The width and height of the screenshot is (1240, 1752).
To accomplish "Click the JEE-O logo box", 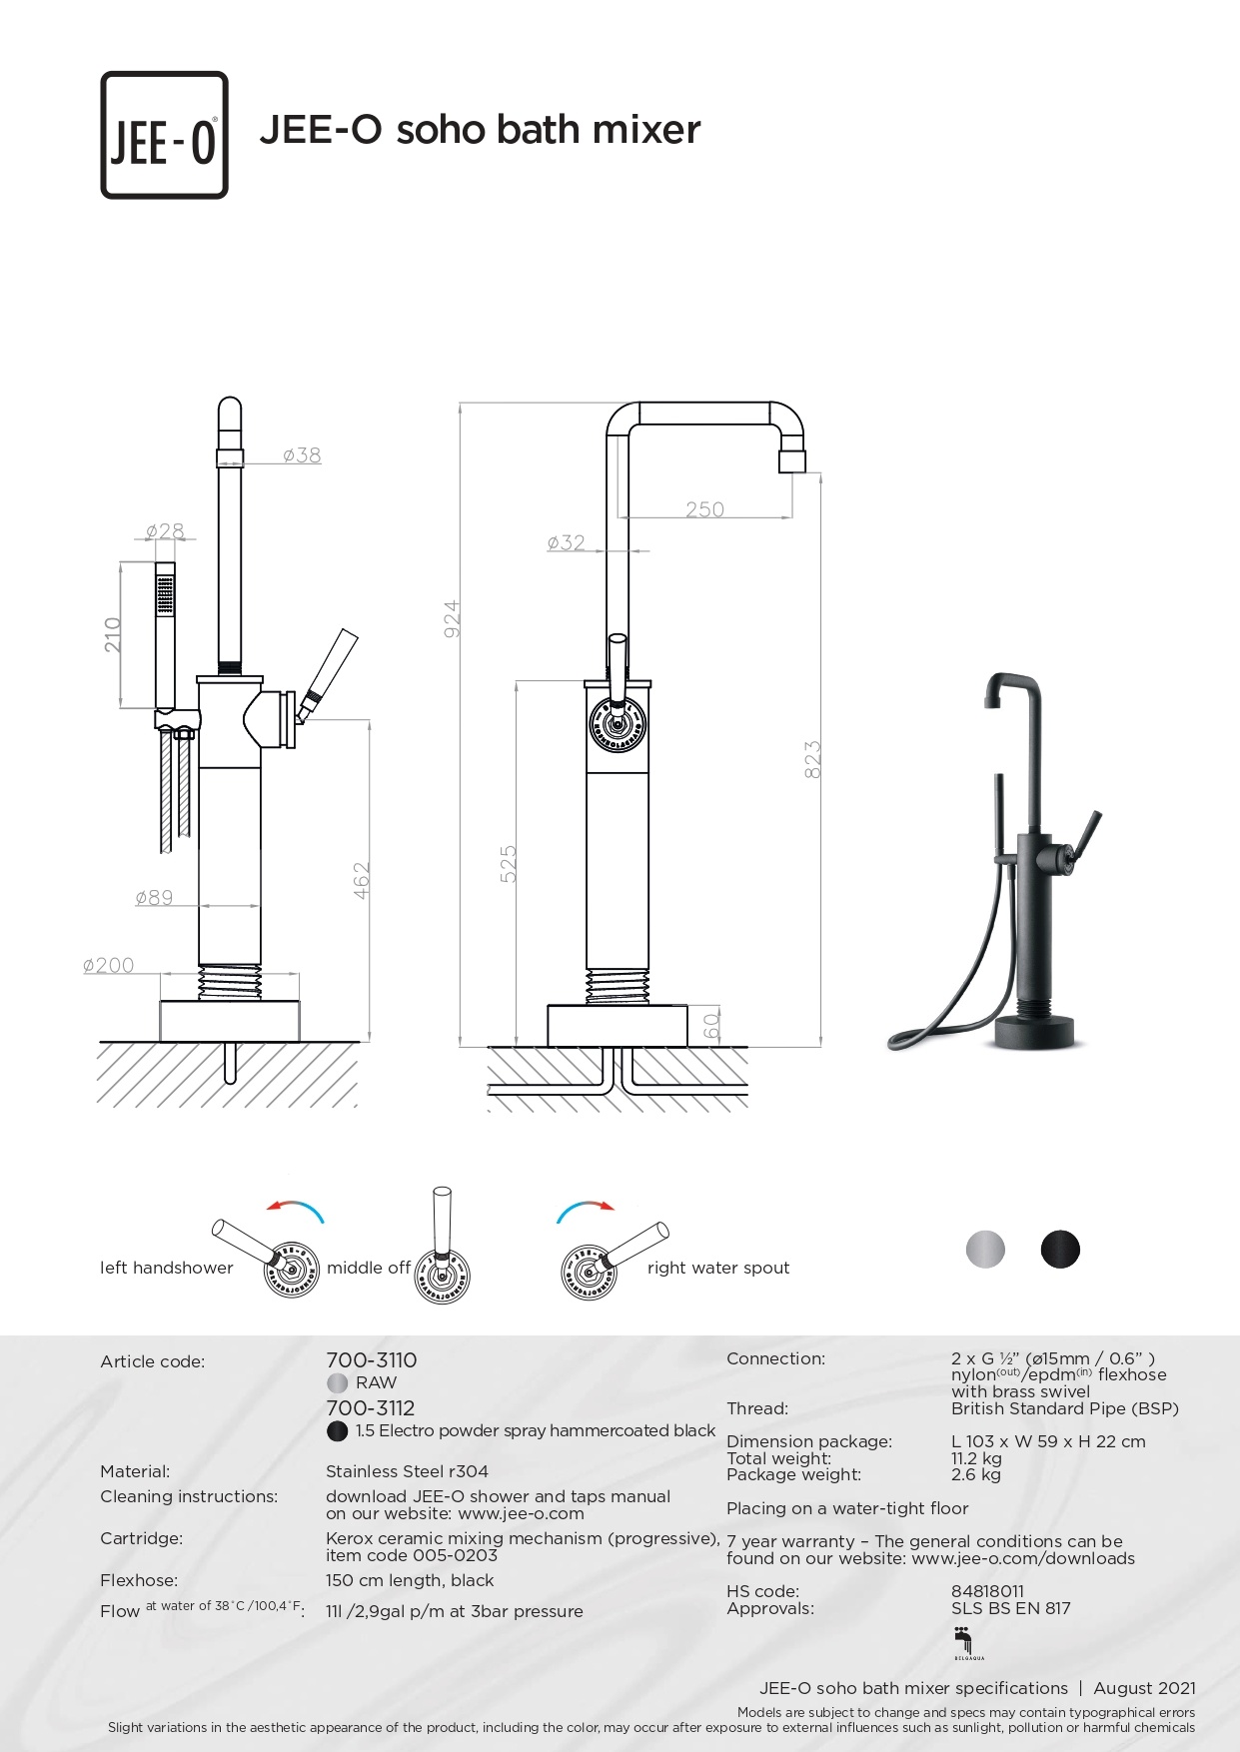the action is [164, 135].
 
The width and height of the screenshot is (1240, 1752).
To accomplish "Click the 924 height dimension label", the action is [452, 619].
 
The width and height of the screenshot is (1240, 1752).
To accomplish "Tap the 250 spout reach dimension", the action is [704, 509].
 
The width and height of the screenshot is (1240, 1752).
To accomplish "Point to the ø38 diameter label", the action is [302, 455].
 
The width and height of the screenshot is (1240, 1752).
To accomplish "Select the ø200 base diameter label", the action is [108, 965].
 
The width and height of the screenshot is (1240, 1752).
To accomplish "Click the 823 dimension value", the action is [812, 759].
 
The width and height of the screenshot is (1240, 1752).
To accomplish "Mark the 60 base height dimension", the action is [711, 1026].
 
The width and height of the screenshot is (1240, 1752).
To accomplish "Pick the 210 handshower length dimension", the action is [112, 635].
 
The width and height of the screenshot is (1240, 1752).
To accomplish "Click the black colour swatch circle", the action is [1060, 1250].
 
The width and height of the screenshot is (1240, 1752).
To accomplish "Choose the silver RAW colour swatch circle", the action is [985, 1250].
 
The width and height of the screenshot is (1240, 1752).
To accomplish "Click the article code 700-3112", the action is [370, 1408].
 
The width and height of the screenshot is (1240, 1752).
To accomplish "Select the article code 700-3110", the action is [371, 1360].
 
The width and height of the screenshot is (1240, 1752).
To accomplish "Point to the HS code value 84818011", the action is [987, 1591].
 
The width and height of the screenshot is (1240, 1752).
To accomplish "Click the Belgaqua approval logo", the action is [964, 1642].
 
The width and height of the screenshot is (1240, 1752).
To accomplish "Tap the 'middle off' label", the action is [369, 1268].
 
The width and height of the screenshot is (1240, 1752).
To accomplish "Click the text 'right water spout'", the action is [717, 1268].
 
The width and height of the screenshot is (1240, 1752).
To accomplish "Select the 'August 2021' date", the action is [1144, 1688].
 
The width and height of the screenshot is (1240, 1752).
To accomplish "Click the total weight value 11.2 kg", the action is [976, 1458].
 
